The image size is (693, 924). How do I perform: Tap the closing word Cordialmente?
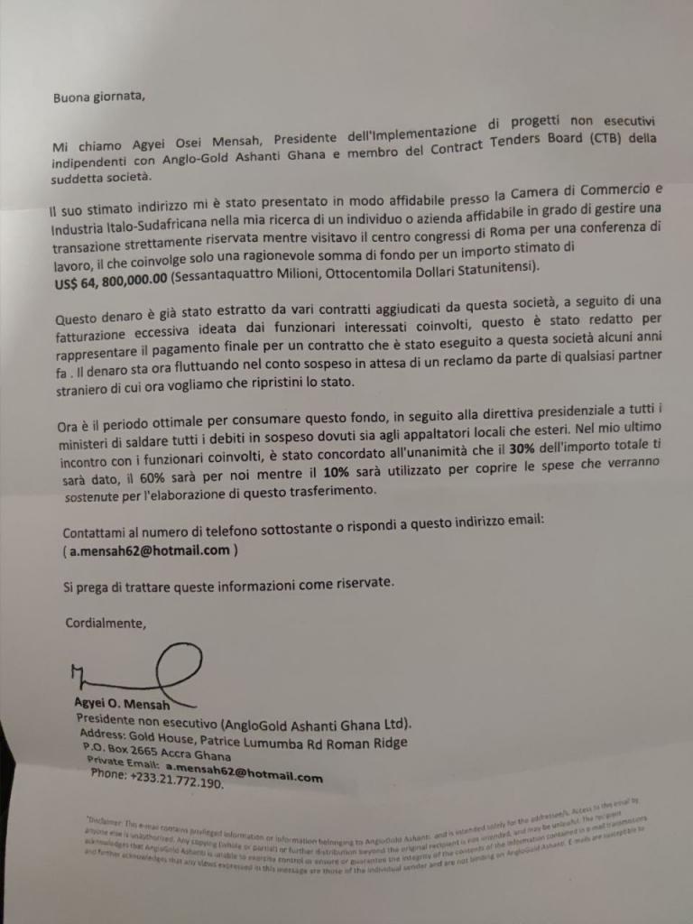coord(105,622)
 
